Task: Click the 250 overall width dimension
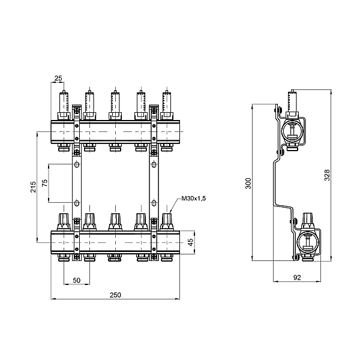point(116,295)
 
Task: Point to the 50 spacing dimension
point(77,280)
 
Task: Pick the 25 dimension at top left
point(58,78)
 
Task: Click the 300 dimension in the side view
point(248,184)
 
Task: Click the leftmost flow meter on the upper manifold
point(64,103)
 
